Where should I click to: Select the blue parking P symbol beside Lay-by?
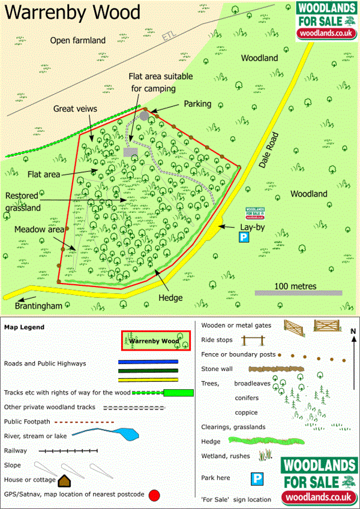244,238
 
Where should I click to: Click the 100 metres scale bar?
298,293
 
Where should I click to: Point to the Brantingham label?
39,306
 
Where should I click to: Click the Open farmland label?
78,40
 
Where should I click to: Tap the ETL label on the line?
170,35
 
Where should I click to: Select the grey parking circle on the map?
145,115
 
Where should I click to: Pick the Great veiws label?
76,109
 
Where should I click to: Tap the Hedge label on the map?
171,297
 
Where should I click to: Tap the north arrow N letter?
353,330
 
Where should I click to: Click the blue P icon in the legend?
256,478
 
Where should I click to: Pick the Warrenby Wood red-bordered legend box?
155,341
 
